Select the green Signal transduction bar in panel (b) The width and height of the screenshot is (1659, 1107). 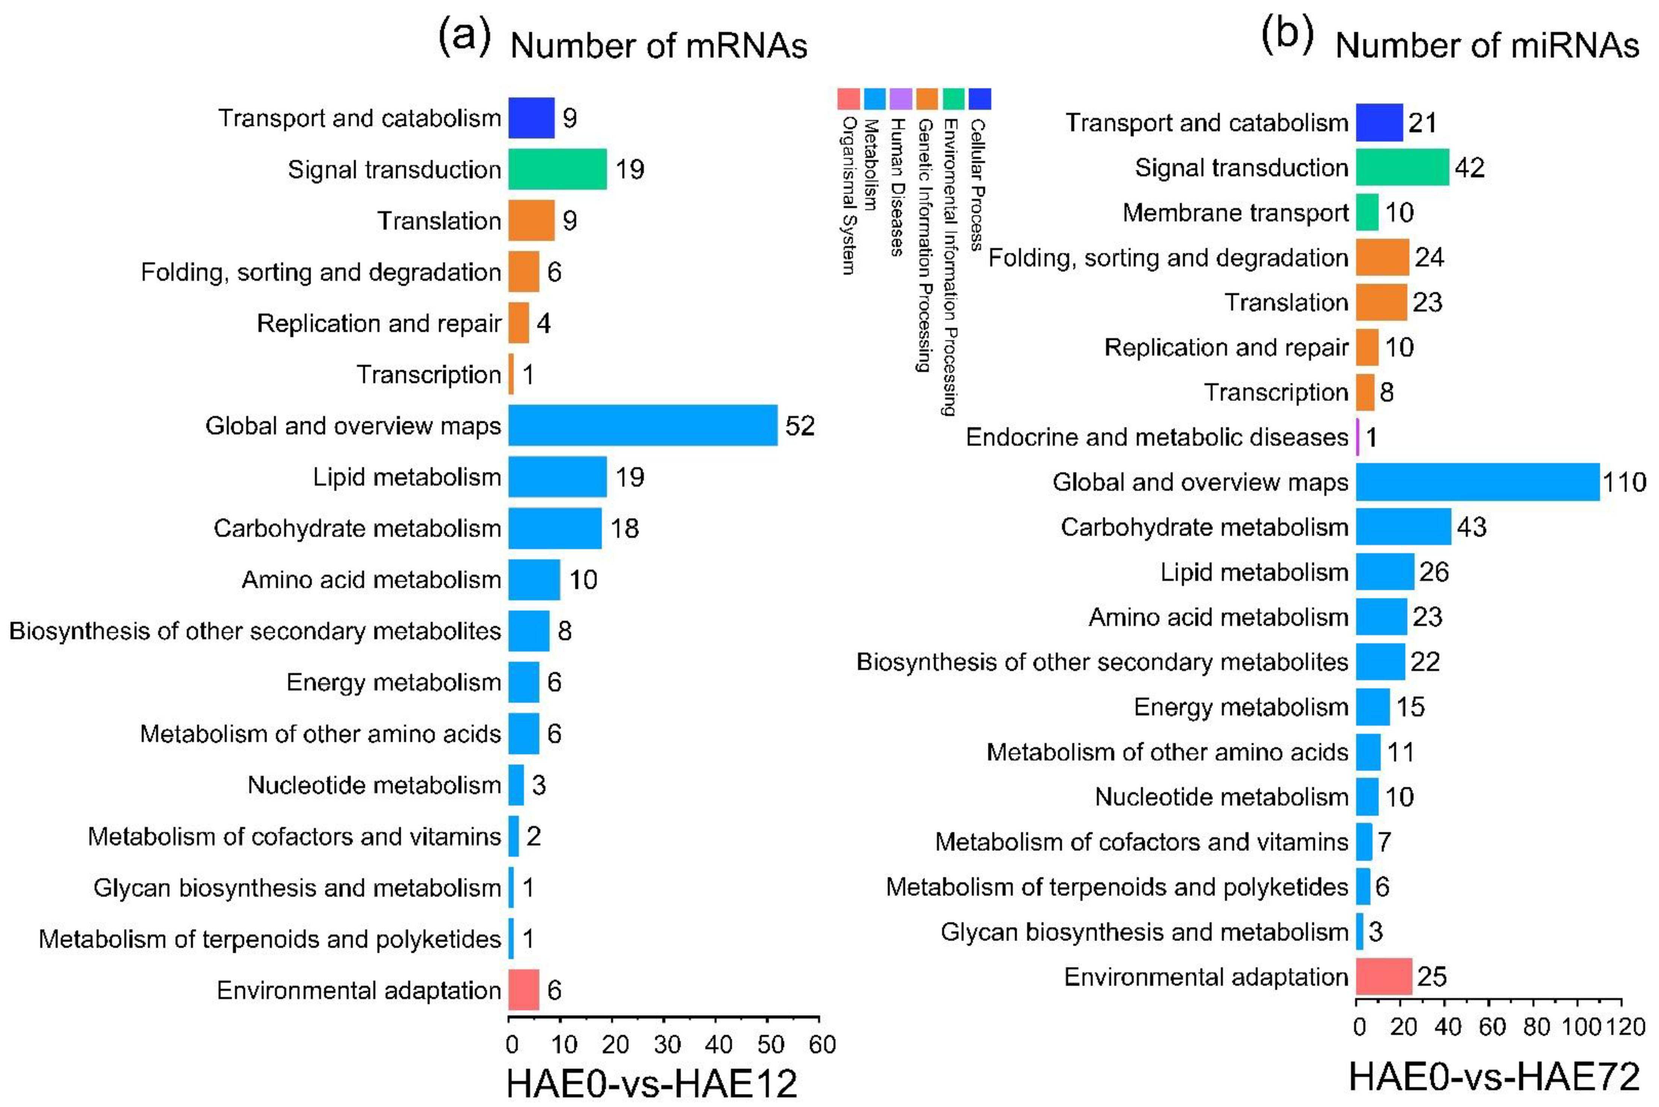click(x=1402, y=167)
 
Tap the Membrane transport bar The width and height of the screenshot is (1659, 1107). click(x=1367, y=213)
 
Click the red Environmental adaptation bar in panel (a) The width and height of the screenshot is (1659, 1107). click(x=523, y=990)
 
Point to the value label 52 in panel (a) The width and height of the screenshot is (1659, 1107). click(x=800, y=426)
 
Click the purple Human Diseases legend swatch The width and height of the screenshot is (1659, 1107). click(x=900, y=99)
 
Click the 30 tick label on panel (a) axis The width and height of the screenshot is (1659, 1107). click(x=667, y=1044)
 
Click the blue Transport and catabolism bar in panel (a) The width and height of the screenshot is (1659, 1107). click(x=531, y=118)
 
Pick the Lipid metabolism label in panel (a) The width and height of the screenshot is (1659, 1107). click(x=407, y=477)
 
